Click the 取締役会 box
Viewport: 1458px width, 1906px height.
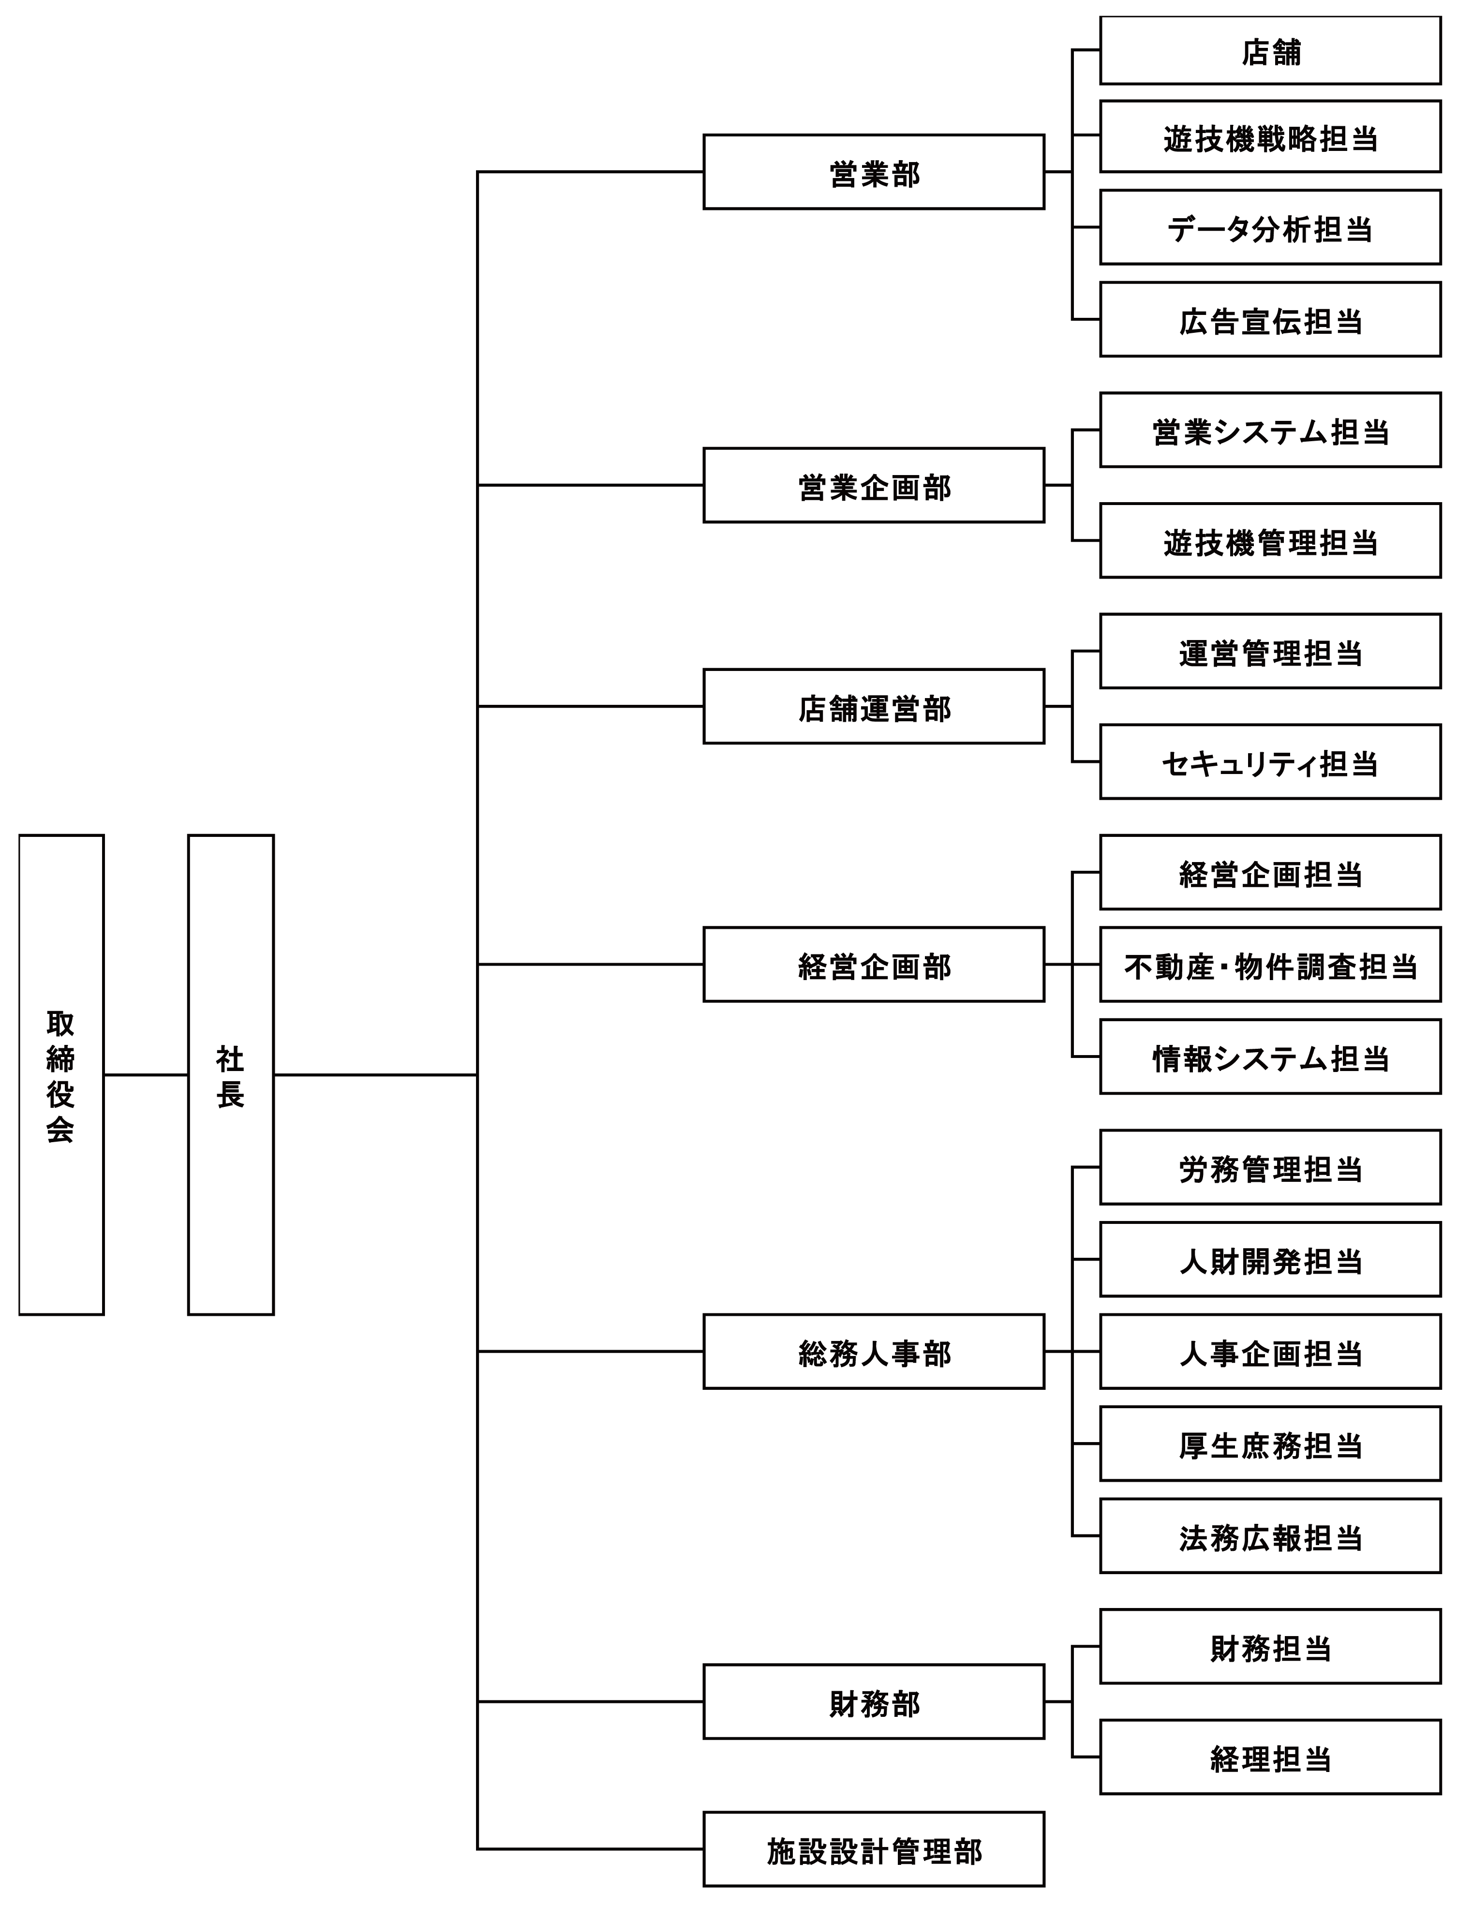(61, 1074)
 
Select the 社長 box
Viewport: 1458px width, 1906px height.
(231, 1074)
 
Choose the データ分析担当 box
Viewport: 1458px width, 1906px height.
(1270, 227)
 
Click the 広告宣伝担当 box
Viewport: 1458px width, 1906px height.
(1270, 319)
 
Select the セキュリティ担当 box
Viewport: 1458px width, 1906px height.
(1270, 762)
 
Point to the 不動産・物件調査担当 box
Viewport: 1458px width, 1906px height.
(1270, 964)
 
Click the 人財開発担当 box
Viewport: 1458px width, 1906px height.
(1270, 1259)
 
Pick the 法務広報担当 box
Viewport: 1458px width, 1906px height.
(1270, 1536)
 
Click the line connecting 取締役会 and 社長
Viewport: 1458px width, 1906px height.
(146, 1074)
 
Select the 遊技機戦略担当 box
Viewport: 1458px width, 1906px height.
(1270, 136)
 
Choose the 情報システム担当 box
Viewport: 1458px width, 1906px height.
(1270, 1057)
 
